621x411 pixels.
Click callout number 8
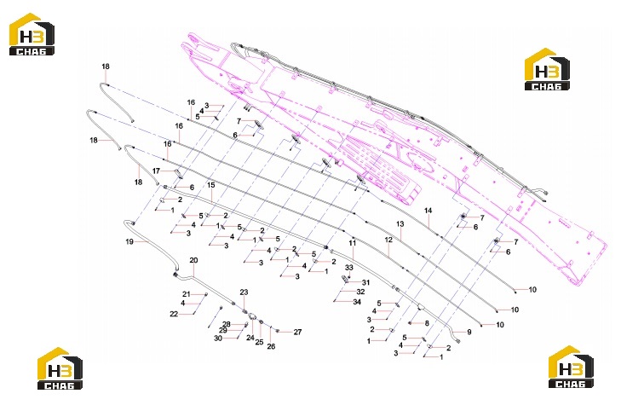coord(427,323)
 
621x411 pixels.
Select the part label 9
coord(469,332)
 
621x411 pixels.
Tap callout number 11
coord(353,243)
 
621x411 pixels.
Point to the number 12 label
coord(388,240)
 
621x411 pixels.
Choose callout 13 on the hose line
coord(400,224)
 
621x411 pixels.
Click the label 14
coord(428,211)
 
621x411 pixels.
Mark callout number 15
coord(211,185)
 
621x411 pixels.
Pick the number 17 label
coord(156,171)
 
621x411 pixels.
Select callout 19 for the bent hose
coord(129,241)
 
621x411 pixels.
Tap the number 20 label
coord(193,260)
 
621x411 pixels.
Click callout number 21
coord(187,294)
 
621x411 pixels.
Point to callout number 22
coord(174,314)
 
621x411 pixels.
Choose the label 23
coord(244,292)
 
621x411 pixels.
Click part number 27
coord(298,333)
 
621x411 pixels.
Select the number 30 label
coord(218,338)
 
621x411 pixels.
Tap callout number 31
coord(366,282)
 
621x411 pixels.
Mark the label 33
coord(349,268)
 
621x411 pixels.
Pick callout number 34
coord(357,302)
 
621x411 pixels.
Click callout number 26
coord(271,346)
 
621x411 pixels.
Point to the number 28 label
coord(226,324)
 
